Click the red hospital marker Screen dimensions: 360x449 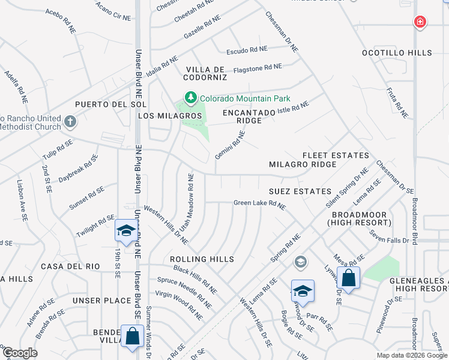(x=420, y=22)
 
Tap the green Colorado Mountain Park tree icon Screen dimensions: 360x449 (x=191, y=98)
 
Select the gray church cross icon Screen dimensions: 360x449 (x=70, y=122)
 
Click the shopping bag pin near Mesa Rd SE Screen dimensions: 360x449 (x=348, y=278)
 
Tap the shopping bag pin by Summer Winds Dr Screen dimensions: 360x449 (x=131, y=337)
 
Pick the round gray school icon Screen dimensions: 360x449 (x=300, y=262)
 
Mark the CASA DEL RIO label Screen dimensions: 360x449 (x=65, y=266)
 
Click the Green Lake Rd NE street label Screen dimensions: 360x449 (x=259, y=204)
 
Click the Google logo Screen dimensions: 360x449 (x=19, y=353)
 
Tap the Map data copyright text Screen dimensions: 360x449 (x=412, y=355)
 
